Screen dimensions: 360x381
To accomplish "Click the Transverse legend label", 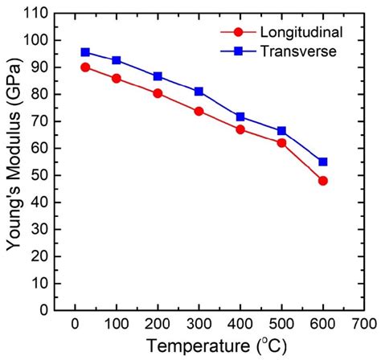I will [290, 51].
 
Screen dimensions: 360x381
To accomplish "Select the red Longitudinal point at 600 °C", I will [322, 181].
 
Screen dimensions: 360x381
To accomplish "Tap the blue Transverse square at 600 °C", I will [322, 162].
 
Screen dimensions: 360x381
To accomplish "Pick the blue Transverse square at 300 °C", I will [199, 92].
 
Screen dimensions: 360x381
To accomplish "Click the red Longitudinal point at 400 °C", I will [240, 129].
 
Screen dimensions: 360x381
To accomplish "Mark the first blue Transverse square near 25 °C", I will [85, 52].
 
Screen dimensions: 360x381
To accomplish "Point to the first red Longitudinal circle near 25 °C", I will [85, 67].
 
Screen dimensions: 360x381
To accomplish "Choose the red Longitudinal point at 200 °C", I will [158, 93].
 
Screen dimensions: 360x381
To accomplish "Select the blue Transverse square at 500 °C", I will [281, 130].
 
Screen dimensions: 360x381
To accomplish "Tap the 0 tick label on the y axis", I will [44, 311].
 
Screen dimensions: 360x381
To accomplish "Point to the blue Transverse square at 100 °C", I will [117, 60].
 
